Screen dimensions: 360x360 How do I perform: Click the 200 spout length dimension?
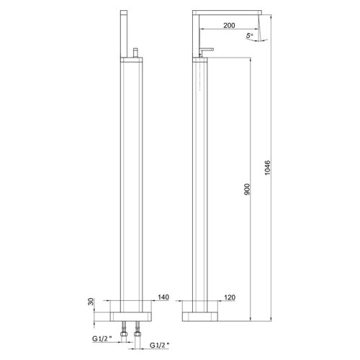coord(228,24)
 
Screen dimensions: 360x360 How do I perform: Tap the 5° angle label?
coord(249,35)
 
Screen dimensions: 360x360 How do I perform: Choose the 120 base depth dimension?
coord(230,297)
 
